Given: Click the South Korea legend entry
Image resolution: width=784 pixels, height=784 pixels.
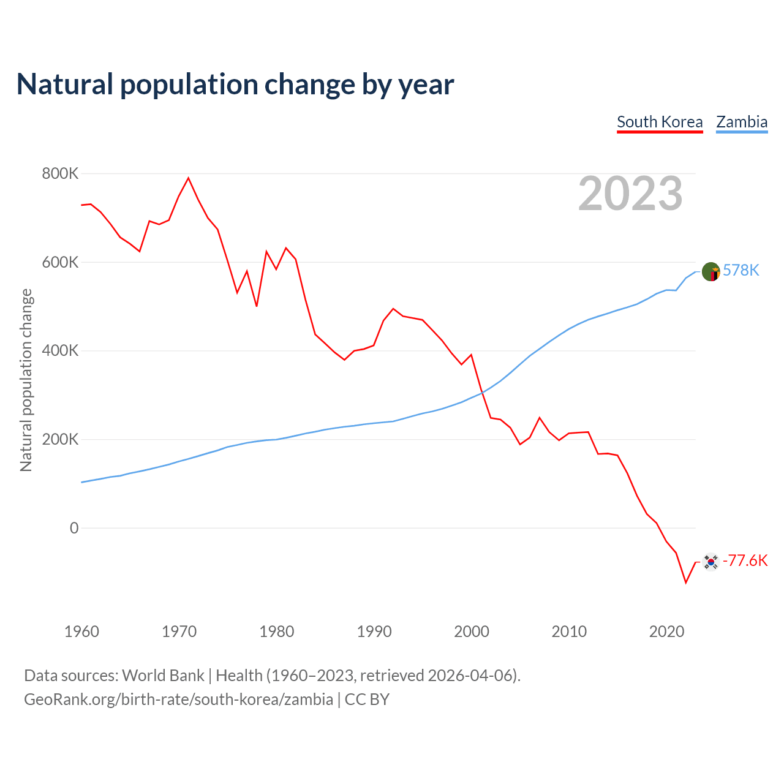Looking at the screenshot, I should pyautogui.click(x=660, y=122).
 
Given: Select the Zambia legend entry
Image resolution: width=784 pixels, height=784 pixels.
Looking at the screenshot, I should pyautogui.click(x=742, y=122).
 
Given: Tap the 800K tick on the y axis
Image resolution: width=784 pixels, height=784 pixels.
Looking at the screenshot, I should pyautogui.click(x=60, y=174).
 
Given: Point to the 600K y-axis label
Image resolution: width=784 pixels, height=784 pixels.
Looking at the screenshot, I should pyautogui.click(x=60, y=262).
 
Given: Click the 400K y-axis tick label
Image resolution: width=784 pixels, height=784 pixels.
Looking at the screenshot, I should pyautogui.click(x=60, y=351).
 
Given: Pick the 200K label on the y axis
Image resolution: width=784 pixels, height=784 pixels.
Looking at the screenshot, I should pyautogui.click(x=60, y=439).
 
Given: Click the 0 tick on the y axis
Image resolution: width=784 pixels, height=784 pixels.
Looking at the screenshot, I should pyautogui.click(x=74, y=528).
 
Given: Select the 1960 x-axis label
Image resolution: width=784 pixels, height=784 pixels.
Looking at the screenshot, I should pyautogui.click(x=81, y=631).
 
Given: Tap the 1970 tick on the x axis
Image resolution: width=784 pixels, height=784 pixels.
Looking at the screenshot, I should pyautogui.click(x=179, y=631).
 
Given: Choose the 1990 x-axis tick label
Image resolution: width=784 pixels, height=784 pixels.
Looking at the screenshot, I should pyautogui.click(x=374, y=631).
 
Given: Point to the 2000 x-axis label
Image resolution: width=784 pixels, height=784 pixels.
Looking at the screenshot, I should pyautogui.click(x=472, y=631).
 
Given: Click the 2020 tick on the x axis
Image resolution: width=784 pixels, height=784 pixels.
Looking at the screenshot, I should pyautogui.click(x=666, y=631).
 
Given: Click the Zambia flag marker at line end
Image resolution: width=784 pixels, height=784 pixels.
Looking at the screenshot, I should pyautogui.click(x=710, y=271).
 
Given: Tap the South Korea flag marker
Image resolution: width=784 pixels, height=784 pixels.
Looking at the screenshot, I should pyautogui.click(x=710, y=561).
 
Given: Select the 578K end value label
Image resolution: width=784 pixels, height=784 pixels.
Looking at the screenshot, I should pyautogui.click(x=741, y=270).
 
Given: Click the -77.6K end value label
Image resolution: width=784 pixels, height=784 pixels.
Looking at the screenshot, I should pyautogui.click(x=745, y=560).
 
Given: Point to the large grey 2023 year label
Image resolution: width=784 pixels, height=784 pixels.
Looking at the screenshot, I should pyautogui.click(x=630, y=194).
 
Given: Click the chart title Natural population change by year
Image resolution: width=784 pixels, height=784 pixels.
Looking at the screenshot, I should pyautogui.click(x=235, y=85).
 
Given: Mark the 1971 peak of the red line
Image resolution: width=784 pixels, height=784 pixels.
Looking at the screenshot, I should pyautogui.click(x=189, y=178).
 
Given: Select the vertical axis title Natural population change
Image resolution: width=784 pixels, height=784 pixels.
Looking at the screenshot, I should pyautogui.click(x=26, y=380).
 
